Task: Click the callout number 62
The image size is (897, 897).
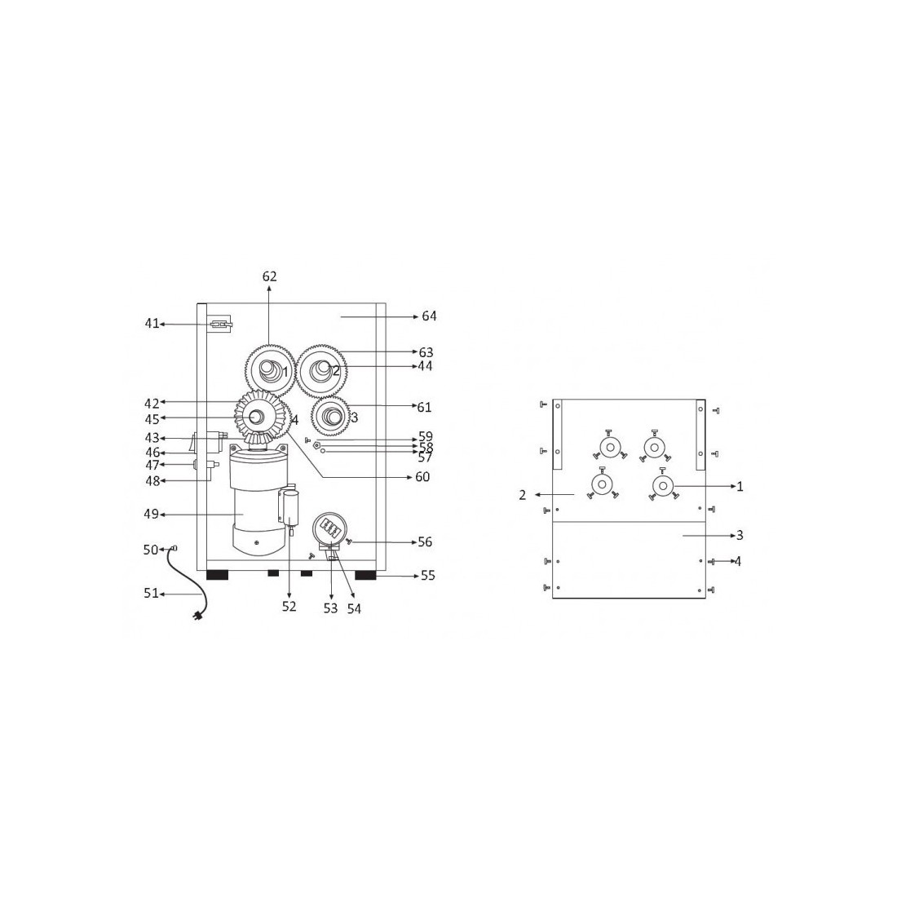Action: click(269, 276)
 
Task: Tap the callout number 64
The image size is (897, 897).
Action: click(429, 316)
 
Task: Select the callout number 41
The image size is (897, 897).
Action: click(152, 324)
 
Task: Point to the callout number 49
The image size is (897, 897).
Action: click(151, 515)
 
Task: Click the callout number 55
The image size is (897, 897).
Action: click(428, 576)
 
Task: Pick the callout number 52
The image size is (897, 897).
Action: click(289, 607)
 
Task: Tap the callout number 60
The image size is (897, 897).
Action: click(422, 476)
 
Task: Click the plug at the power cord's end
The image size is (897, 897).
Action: click(198, 616)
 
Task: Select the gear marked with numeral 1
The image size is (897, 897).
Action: click(269, 369)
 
